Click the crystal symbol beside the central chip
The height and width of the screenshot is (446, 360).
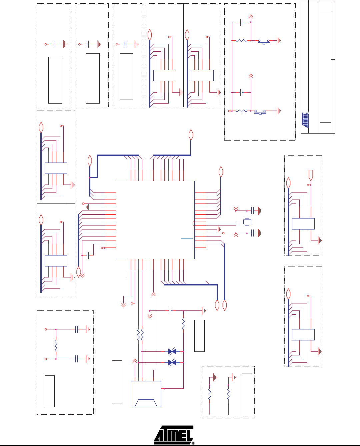[247, 222]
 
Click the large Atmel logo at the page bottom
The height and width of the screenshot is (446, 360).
[174, 435]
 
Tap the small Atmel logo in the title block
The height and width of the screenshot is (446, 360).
[305, 120]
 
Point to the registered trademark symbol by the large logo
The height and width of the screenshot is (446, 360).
[193, 443]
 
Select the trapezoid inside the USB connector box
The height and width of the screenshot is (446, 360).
[146, 403]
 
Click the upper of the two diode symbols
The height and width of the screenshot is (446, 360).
[172, 351]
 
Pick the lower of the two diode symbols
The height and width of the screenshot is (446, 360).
[172, 363]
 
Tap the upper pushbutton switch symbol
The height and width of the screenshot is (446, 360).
[264, 42]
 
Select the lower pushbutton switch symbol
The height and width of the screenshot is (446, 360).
[260, 112]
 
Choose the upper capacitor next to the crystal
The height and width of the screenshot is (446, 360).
[252, 211]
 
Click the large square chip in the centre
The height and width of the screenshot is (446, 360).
[155, 220]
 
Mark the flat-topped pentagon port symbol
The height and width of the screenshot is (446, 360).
[311, 175]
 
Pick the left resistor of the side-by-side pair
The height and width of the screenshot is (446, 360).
[138, 335]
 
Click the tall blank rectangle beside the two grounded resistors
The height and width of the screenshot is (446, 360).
[247, 394]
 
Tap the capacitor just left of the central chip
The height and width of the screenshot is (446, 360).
[88, 255]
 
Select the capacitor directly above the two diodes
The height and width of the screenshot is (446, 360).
[170, 311]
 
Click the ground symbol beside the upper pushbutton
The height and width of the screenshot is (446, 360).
[279, 41]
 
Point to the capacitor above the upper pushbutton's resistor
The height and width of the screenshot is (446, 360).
[241, 22]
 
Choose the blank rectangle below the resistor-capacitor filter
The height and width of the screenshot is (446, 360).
[50, 391]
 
